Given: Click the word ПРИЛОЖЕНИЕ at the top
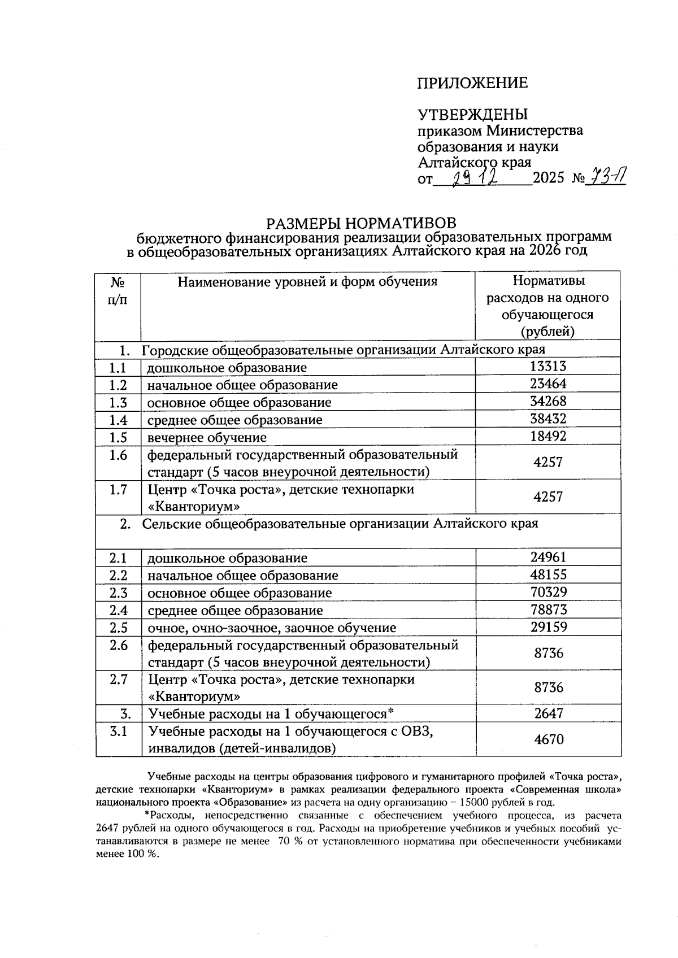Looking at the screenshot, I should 472,84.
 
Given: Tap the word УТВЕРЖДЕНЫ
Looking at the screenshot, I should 472,115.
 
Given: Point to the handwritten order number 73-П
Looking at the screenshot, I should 607,178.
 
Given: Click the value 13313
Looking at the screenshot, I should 548,367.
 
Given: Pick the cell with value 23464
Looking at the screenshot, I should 548,384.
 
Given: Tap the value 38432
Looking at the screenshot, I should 548,419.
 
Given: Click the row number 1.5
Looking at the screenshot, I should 118,437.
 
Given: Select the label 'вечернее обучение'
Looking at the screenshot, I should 207,438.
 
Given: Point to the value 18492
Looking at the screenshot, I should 548,437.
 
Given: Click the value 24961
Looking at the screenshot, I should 548,557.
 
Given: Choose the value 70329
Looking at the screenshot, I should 548,592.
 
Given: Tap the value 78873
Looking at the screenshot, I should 548,609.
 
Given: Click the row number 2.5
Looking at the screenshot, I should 118,628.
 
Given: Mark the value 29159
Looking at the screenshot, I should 548,627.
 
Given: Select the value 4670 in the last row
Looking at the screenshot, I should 549,739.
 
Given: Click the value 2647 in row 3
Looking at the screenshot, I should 549,713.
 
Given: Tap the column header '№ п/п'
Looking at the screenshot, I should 118,290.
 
